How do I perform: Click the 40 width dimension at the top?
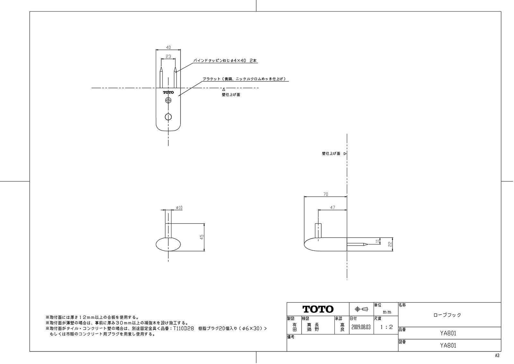coord(168,48)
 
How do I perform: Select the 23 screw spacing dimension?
coord(168,56)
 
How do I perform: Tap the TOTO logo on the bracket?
coord(168,93)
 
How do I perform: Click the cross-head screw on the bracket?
coord(168,101)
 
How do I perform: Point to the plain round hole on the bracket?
coord(168,117)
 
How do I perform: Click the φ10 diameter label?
coord(179,208)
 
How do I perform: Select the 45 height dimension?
coord(202,237)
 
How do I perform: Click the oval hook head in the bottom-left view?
coord(168,245)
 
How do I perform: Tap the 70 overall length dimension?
coord(325,194)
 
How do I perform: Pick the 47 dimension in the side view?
coord(332,208)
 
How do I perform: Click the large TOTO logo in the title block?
coord(318,309)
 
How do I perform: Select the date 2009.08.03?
coord(361,327)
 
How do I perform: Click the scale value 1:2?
coord(386,327)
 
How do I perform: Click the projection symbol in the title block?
coord(361,309)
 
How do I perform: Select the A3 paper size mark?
coord(497,356)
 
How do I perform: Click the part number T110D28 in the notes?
coord(183,329)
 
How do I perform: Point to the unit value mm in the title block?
coord(387,312)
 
